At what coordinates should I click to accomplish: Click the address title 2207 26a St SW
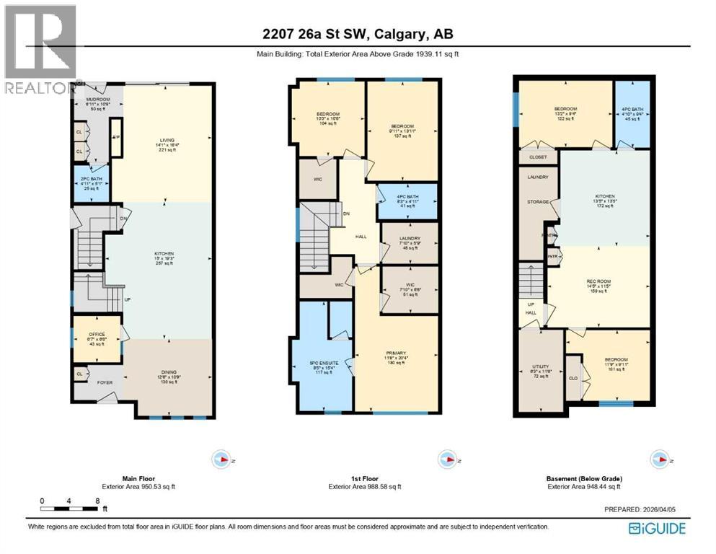click(x=358, y=34)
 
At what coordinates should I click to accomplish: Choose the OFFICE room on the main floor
click(x=97, y=338)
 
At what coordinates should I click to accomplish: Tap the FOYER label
click(x=106, y=384)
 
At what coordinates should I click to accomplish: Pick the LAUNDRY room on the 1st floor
click(x=409, y=242)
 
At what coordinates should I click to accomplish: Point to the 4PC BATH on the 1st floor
click(x=409, y=201)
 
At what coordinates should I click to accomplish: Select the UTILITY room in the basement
click(x=541, y=370)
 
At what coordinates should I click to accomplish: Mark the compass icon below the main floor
click(x=222, y=460)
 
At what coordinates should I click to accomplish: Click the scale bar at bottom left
click(x=69, y=509)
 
